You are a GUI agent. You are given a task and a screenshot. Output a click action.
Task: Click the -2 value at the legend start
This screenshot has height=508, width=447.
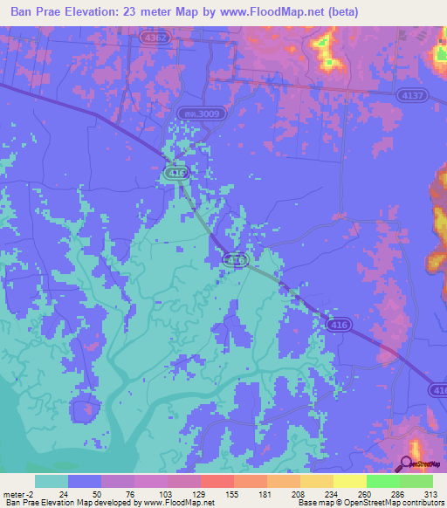pyautogui.click(x=30, y=494)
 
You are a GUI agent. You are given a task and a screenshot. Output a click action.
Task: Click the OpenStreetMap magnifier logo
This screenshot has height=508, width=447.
pyautogui.click(x=407, y=464)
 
